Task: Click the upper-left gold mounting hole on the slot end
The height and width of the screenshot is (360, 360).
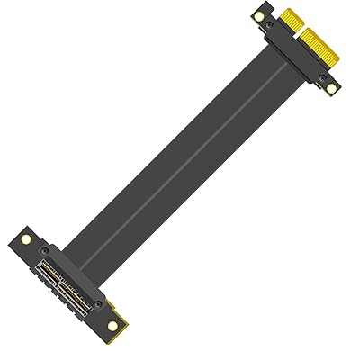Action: (26, 241)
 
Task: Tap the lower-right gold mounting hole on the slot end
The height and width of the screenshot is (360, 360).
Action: (112, 326)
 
